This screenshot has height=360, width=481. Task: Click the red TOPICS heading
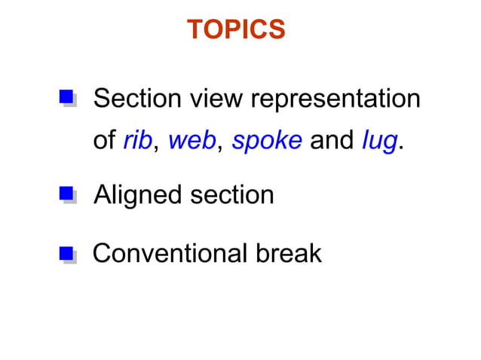tap(235, 29)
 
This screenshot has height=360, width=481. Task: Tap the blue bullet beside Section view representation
tap(66, 97)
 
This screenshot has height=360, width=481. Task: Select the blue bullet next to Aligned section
tap(66, 195)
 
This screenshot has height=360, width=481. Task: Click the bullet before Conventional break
tap(66, 254)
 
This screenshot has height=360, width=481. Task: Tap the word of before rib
tap(104, 140)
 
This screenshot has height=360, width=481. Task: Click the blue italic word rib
tap(137, 140)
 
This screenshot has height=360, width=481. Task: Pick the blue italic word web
tap(191, 140)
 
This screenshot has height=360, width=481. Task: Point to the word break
tap(290, 254)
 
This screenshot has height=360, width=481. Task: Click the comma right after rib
tap(155, 148)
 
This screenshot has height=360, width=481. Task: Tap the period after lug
tap(399, 147)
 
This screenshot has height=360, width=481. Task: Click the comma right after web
tap(219, 148)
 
